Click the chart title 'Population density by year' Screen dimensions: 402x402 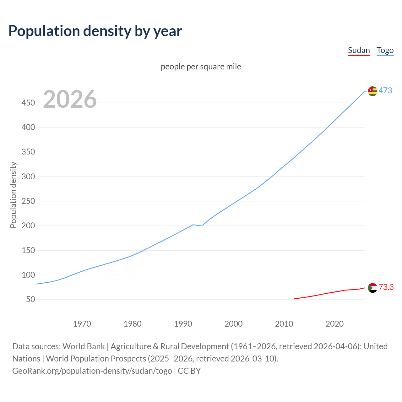click(95, 31)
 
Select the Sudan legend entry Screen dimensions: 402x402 click(359, 50)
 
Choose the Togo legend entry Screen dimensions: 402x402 click(385, 50)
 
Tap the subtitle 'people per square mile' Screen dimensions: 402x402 click(201, 67)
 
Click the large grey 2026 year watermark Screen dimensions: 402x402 click(70, 99)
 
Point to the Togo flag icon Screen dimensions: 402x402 click(372, 91)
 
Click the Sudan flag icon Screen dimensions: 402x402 click(372, 287)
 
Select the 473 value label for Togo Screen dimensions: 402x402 click(385, 90)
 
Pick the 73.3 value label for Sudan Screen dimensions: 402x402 click(386, 287)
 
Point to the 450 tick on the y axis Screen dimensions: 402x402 click(28, 103)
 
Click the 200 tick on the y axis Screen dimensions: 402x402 click(28, 226)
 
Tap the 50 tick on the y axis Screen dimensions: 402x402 click(30, 300)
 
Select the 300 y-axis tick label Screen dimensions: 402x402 click(28, 177)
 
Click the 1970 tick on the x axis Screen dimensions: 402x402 click(82, 323)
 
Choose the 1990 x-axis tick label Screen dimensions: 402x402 click(183, 323)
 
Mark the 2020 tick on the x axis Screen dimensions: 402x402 click(334, 323)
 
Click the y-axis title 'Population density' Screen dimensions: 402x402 click(13, 195)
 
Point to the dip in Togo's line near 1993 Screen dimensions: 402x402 click(198, 225)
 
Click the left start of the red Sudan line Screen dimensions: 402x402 click(295, 299)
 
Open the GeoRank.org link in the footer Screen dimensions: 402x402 click(92, 371)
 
